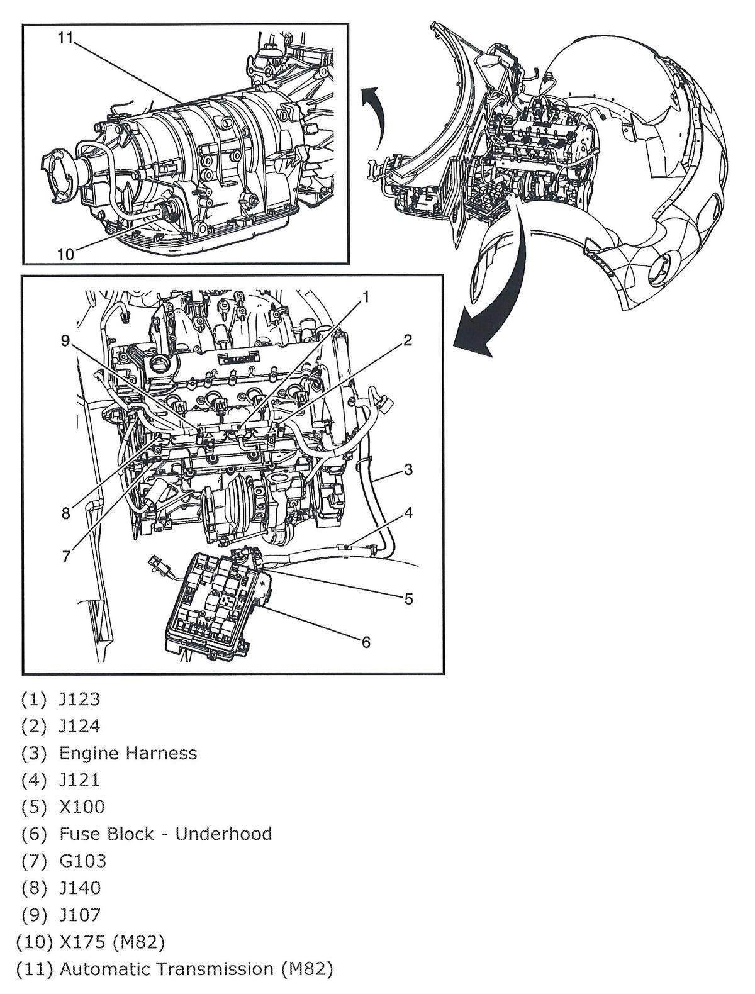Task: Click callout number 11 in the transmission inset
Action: (x=65, y=38)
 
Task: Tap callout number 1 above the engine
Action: (x=366, y=296)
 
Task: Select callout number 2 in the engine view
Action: (x=408, y=340)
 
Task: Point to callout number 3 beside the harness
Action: (x=408, y=469)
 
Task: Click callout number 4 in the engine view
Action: (x=408, y=513)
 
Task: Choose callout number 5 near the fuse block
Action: (x=408, y=598)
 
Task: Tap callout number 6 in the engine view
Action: (x=366, y=642)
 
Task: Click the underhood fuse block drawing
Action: (x=214, y=604)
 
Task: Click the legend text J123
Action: (x=79, y=699)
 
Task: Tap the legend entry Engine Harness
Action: (x=128, y=753)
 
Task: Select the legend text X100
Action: (x=82, y=807)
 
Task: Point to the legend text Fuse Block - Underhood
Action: (x=165, y=834)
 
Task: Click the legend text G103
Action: (x=82, y=861)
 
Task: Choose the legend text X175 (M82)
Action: (x=111, y=942)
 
